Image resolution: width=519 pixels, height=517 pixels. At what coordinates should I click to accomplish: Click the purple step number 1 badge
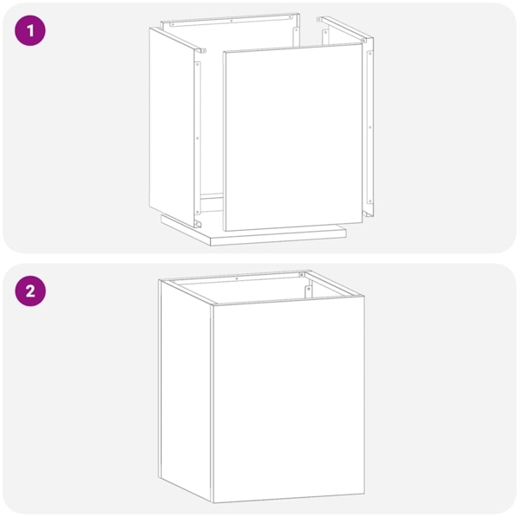click(x=30, y=30)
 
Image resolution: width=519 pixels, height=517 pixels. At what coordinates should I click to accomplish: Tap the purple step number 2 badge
click(x=30, y=291)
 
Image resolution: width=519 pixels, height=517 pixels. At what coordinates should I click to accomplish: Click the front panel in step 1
click(x=293, y=137)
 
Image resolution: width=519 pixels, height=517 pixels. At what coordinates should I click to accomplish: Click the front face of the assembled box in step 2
click(x=288, y=399)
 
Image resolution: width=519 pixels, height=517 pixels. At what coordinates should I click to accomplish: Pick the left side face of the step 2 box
click(x=185, y=390)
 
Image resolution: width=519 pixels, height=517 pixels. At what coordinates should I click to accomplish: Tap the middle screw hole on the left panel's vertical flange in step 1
click(x=197, y=138)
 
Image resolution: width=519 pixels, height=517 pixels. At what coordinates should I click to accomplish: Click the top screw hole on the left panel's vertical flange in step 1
click(x=197, y=65)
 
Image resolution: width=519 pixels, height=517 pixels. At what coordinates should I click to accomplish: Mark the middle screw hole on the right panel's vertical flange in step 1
click(x=370, y=127)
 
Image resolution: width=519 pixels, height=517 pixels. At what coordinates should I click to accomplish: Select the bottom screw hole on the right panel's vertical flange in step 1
click(x=370, y=201)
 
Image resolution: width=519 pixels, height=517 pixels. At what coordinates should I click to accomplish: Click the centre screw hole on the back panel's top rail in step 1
click(x=231, y=21)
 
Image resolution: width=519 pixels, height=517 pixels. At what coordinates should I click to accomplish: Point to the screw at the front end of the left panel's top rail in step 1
click(x=204, y=51)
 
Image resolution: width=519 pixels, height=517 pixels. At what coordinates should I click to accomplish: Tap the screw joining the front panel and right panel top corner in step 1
click(x=363, y=41)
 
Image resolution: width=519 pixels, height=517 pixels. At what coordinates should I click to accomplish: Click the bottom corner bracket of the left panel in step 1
click(x=197, y=224)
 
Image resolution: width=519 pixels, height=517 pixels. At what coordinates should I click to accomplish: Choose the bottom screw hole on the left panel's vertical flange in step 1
click(x=197, y=211)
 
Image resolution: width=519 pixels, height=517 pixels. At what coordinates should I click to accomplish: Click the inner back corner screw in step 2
click(x=302, y=275)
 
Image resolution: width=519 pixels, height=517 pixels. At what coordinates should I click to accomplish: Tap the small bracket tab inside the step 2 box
click(x=309, y=291)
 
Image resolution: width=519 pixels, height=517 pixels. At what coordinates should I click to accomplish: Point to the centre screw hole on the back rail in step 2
click(x=237, y=279)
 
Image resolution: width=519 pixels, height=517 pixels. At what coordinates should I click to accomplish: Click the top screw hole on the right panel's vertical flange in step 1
click(x=370, y=54)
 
